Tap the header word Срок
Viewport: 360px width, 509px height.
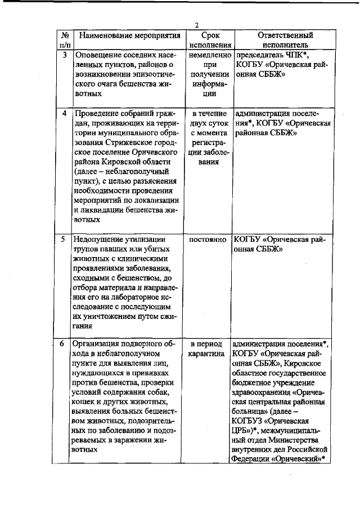click(x=210, y=35)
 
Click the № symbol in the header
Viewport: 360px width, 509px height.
click(x=65, y=35)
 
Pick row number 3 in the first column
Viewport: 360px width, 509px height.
click(x=65, y=55)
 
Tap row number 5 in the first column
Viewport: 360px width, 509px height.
click(x=65, y=239)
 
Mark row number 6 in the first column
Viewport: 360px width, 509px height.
click(x=65, y=343)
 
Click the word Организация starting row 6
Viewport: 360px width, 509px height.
click(x=98, y=343)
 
